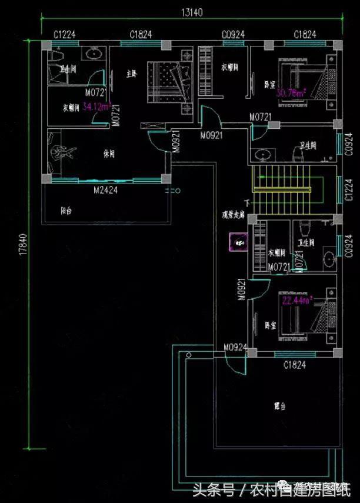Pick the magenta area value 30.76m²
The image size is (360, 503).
[291, 93]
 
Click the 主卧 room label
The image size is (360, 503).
[132, 74]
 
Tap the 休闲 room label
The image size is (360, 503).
[108, 154]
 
